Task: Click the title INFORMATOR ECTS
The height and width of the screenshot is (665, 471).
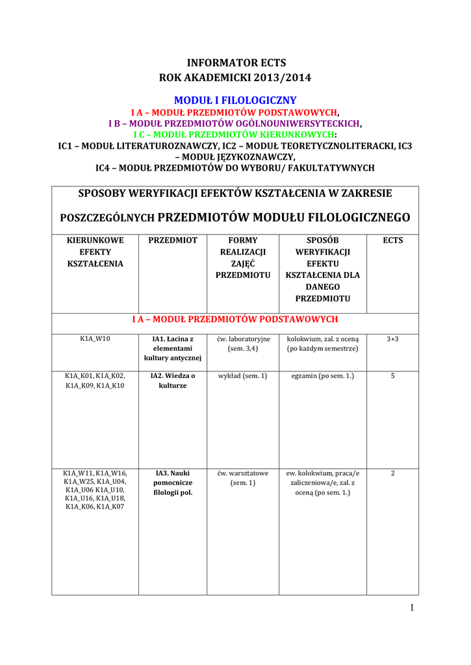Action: click(x=236, y=63)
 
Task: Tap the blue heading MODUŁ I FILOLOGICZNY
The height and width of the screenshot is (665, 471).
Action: click(x=235, y=100)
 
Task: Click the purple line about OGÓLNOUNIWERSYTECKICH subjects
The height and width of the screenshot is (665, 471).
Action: click(x=235, y=123)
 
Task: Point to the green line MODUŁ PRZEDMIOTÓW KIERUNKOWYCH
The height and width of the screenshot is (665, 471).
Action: click(x=235, y=134)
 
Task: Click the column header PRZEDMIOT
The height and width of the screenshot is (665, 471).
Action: click(x=173, y=240)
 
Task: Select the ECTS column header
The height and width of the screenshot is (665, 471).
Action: click(x=392, y=240)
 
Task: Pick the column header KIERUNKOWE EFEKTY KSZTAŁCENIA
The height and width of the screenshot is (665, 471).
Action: click(x=95, y=252)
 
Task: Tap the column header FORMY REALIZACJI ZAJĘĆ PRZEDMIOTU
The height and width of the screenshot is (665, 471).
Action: click(x=243, y=258)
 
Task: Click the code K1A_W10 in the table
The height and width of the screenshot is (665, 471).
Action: click(x=95, y=339)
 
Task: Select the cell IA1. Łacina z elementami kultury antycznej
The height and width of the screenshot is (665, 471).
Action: click(x=173, y=349)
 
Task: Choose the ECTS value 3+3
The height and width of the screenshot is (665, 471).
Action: click(x=392, y=339)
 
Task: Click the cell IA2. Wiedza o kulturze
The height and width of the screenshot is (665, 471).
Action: click(x=173, y=381)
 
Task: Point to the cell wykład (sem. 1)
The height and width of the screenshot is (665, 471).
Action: click(x=243, y=376)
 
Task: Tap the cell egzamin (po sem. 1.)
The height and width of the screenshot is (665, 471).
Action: click(x=323, y=376)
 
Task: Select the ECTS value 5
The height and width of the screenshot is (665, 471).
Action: click(x=392, y=375)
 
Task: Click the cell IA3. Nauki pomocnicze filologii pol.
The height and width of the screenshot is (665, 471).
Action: click(x=173, y=483)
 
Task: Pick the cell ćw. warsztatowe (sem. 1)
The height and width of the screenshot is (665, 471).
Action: click(x=243, y=478)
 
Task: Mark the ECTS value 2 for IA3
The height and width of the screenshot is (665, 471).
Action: click(x=392, y=473)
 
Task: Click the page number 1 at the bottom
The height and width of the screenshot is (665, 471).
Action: click(x=412, y=608)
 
